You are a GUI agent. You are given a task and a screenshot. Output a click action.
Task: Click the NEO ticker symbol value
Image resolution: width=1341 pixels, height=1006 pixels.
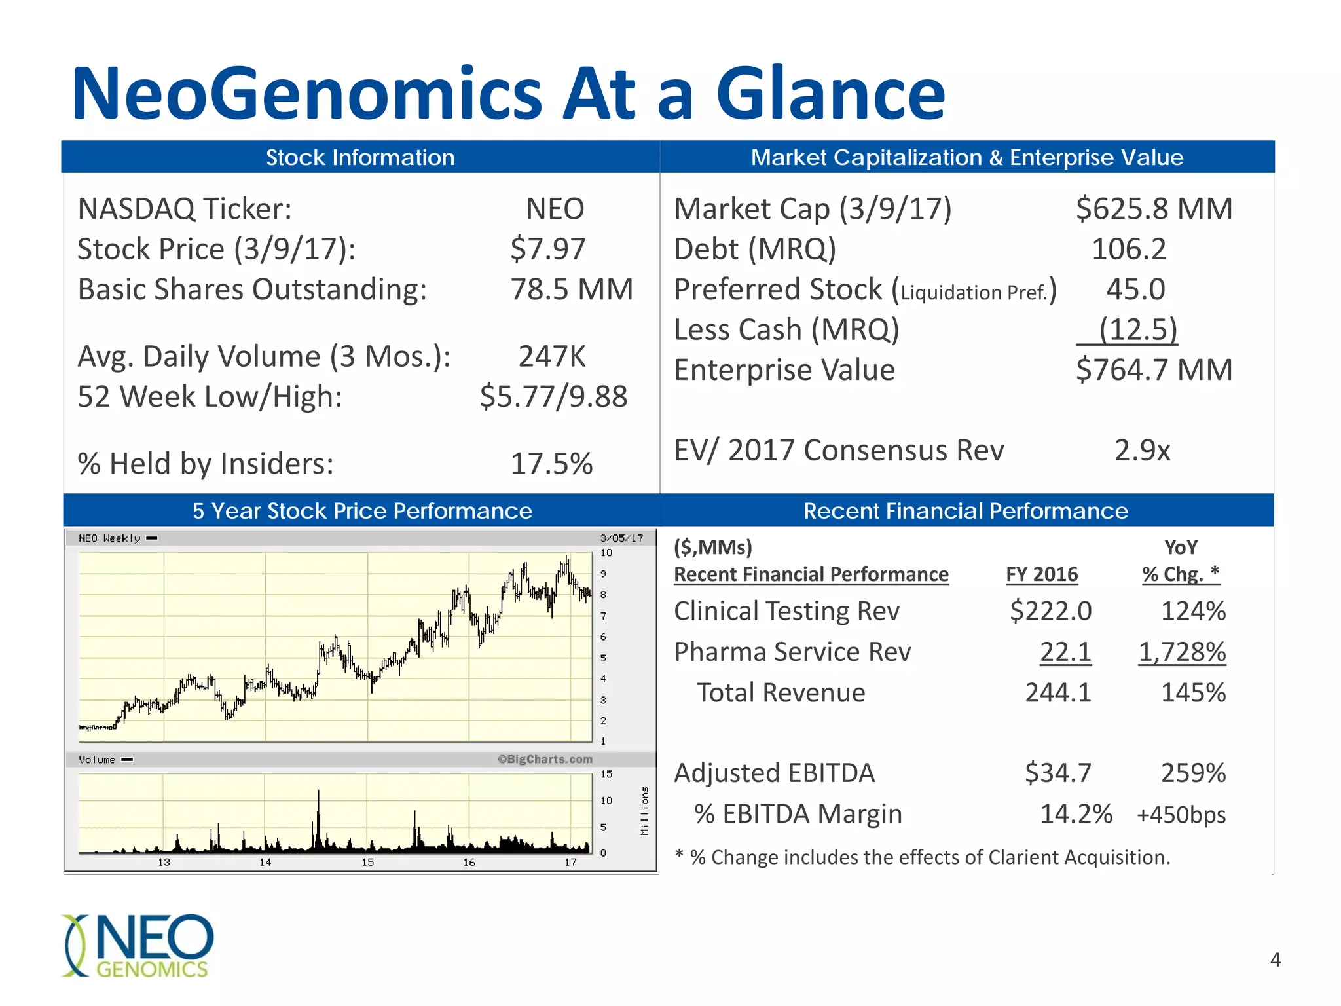(x=555, y=209)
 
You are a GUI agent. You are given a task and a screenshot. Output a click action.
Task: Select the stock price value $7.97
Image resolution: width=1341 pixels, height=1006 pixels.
(x=547, y=249)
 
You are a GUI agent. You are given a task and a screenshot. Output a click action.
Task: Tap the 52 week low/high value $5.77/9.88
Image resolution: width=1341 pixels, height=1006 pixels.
(x=553, y=396)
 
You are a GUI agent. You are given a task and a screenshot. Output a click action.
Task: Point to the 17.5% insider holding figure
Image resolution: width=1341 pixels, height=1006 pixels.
(x=551, y=463)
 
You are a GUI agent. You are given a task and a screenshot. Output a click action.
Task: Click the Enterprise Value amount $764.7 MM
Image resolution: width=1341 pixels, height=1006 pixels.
(x=1154, y=369)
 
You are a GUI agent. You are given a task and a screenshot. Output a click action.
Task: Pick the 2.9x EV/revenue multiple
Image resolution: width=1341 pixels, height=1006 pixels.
(x=1142, y=450)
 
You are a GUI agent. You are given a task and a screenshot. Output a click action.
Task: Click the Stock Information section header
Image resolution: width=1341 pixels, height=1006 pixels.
(x=360, y=157)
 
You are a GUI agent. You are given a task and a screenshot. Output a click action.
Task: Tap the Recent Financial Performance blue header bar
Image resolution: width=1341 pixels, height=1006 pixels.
(x=966, y=511)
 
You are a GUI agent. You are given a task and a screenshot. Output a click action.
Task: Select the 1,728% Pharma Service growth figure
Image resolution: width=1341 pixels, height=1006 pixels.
(x=1182, y=652)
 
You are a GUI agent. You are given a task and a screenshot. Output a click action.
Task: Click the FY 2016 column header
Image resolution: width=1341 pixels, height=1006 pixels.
(x=1041, y=574)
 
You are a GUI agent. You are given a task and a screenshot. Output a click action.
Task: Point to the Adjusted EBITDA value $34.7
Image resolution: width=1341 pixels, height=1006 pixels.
(x=1057, y=773)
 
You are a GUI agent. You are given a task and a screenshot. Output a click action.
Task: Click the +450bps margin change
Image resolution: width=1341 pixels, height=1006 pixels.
(x=1181, y=815)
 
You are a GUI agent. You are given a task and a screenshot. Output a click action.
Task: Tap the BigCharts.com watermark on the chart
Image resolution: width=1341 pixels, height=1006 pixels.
(x=545, y=759)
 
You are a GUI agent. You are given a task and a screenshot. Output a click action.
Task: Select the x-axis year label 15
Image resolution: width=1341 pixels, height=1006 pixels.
(x=367, y=862)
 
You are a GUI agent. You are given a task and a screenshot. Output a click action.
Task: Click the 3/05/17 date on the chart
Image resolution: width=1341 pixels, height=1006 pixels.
(x=621, y=538)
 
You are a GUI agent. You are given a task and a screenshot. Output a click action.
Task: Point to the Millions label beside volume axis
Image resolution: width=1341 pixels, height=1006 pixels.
(x=644, y=810)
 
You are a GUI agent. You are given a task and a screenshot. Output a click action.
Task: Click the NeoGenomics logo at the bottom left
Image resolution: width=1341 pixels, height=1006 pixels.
(x=138, y=945)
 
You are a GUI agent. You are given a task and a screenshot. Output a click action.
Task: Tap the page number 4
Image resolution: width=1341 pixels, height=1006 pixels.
(x=1275, y=959)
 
